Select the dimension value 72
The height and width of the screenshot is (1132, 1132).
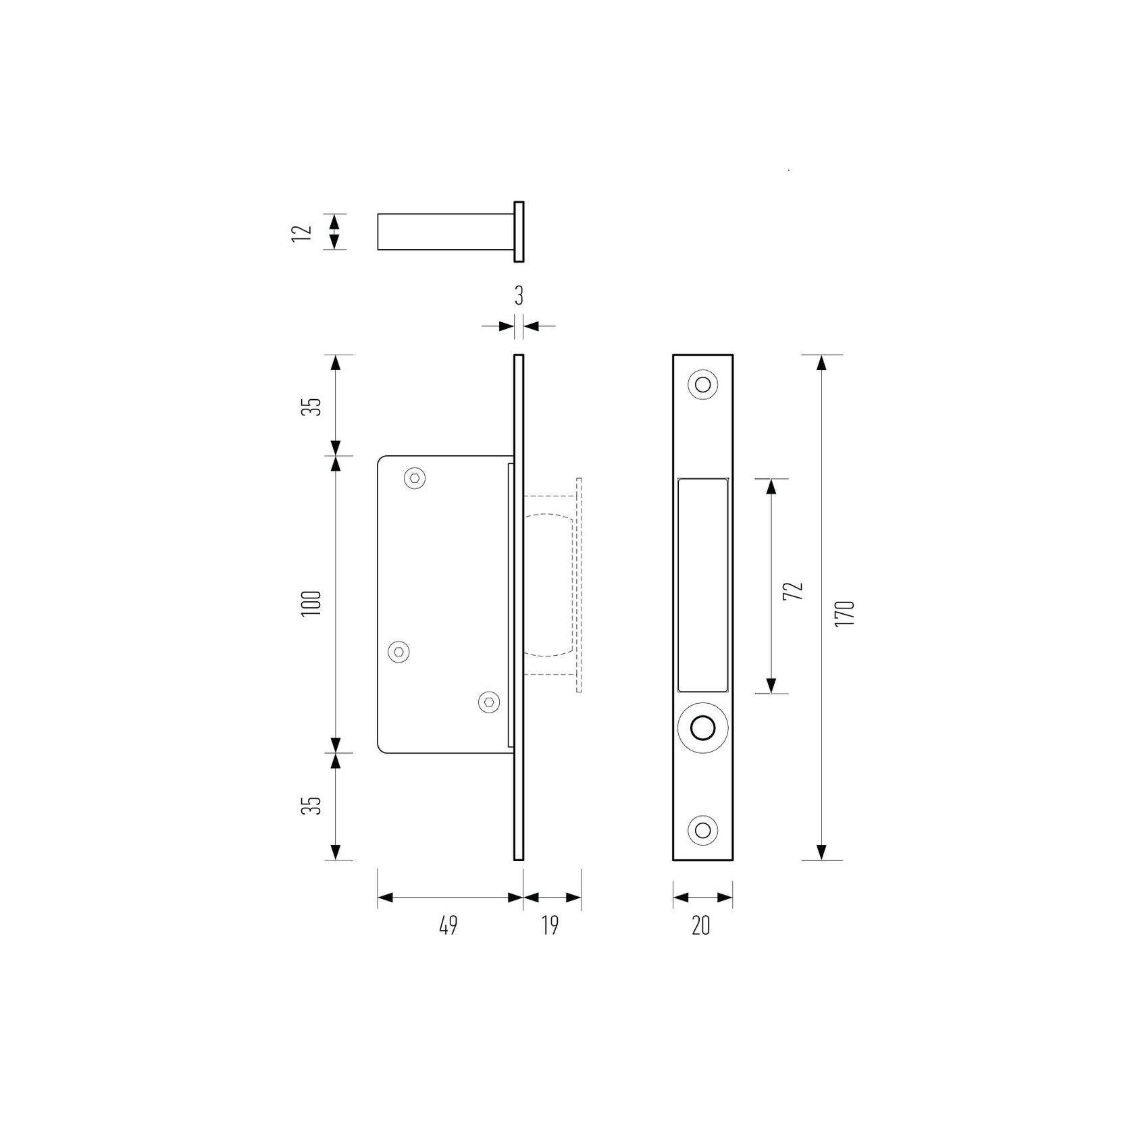pos(796,590)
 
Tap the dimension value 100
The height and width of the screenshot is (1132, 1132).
pos(311,606)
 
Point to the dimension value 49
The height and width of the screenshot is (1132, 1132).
pos(448,925)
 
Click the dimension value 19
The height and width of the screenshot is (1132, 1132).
pos(550,925)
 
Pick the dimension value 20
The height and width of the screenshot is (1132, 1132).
pos(701,925)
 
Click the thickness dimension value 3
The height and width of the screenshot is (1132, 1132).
pos(519,296)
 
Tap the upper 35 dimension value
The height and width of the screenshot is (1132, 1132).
pos(311,407)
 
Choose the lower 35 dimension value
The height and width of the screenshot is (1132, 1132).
pos(311,805)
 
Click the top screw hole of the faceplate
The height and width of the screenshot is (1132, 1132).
pos(702,385)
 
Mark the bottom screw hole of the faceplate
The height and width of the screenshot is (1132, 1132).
pos(702,829)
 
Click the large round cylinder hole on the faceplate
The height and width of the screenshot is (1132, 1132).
pos(702,728)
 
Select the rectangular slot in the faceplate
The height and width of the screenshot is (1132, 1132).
pos(702,585)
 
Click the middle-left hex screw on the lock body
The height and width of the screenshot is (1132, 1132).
pos(399,652)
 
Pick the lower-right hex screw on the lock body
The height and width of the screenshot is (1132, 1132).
pos(489,702)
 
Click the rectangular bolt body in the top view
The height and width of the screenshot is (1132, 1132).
pos(442,232)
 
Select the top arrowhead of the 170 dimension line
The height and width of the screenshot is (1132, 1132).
pos(821,363)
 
